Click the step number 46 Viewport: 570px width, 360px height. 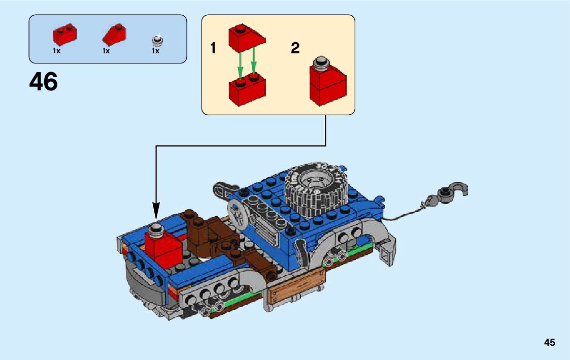click(x=44, y=81)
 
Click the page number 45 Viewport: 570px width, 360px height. click(x=549, y=343)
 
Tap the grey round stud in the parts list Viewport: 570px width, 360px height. click(x=156, y=40)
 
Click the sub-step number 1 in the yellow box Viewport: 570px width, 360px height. click(x=213, y=49)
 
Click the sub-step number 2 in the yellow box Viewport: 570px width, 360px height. click(x=295, y=49)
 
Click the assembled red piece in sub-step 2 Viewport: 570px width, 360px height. click(x=327, y=84)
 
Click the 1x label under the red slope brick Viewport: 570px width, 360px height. click(x=106, y=51)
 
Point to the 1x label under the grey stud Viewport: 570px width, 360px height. click(x=155, y=51)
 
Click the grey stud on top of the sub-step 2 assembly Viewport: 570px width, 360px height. click(x=321, y=63)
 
